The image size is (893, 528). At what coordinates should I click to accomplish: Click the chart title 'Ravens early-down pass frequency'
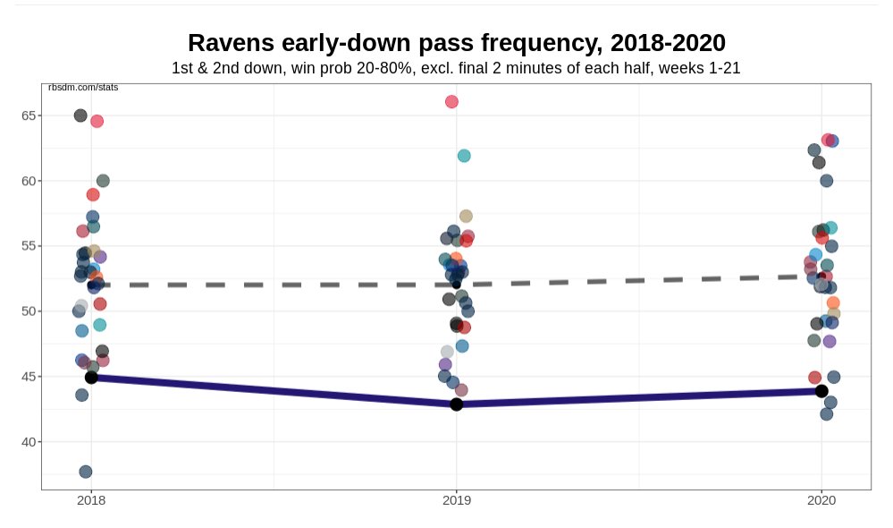click(456, 42)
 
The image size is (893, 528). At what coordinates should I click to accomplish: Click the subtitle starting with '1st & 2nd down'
click(456, 68)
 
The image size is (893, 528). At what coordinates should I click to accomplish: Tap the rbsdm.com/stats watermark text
click(83, 88)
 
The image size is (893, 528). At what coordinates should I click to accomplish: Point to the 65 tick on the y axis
click(29, 115)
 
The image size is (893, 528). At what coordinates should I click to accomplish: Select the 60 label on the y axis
click(29, 181)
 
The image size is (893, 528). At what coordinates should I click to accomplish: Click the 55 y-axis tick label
click(29, 246)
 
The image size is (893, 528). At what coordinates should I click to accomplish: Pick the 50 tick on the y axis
click(29, 311)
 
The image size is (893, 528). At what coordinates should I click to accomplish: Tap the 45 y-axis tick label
click(29, 377)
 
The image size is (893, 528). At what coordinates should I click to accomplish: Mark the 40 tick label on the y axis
click(29, 442)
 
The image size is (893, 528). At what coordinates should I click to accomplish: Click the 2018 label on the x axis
click(91, 501)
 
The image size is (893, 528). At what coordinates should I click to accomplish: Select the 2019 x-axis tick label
click(457, 501)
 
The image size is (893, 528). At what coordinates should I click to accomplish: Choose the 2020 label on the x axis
click(821, 501)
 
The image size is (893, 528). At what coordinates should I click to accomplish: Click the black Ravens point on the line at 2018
click(91, 378)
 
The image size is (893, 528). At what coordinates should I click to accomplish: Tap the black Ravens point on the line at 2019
click(457, 405)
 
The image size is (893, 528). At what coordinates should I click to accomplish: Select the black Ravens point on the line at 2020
click(821, 391)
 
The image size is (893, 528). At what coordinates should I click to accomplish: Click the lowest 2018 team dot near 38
click(86, 472)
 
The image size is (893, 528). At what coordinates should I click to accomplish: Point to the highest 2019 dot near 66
click(451, 102)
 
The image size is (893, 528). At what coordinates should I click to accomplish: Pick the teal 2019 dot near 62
click(464, 156)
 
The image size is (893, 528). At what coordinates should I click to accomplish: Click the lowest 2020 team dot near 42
click(827, 414)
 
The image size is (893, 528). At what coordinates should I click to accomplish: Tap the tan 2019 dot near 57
click(466, 217)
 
